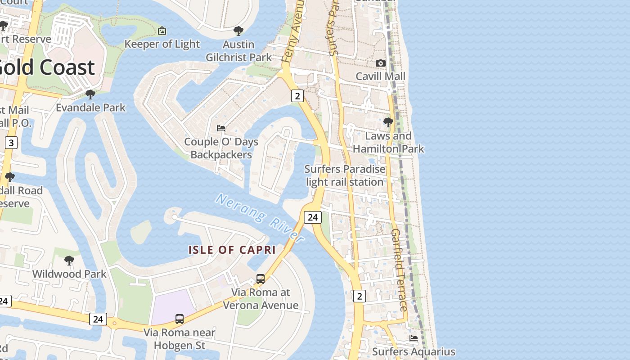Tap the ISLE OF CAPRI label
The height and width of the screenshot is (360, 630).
[232, 250]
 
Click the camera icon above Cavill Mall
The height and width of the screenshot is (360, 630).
[381, 63]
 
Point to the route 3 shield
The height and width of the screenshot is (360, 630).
[11, 143]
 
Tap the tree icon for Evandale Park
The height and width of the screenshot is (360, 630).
[90, 94]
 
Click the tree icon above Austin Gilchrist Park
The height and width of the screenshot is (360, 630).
[238, 31]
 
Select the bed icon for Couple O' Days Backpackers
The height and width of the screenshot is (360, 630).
[221, 128]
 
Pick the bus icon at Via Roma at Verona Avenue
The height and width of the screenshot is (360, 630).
[261, 279]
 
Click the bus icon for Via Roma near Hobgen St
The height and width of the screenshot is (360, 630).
[180, 319]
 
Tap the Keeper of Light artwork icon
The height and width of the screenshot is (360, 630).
[162, 31]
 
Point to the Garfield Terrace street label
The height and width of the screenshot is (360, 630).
[399, 270]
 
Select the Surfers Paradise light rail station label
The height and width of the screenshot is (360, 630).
[345, 175]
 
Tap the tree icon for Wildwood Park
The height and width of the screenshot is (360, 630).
[69, 261]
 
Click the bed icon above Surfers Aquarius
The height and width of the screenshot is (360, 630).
[414, 338]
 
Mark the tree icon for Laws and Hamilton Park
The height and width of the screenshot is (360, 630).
[388, 122]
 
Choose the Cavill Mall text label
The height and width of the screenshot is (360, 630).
[381, 76]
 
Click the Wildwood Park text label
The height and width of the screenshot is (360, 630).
[69, 274]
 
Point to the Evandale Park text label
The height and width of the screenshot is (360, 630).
[90, 108]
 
